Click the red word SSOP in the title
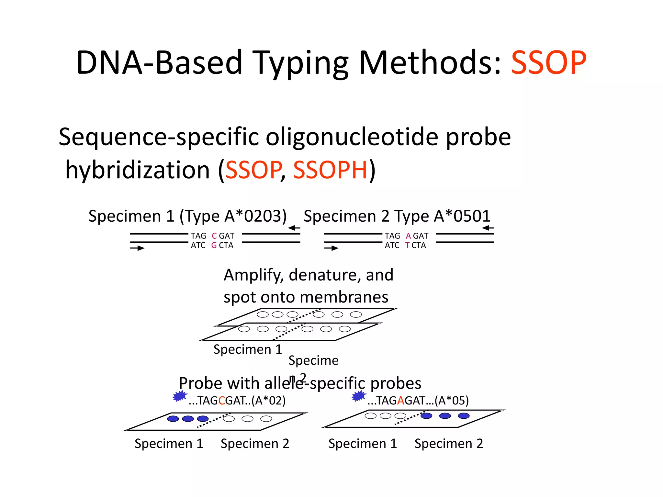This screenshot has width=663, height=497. pyautogui.click(x=548, y=62)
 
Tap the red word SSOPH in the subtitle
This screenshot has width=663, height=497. pyautogui.click(x=330, y=170)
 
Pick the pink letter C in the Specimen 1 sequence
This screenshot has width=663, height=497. pyautogui.click(x=214, y=236)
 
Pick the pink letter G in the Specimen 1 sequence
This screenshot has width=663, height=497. pyautogui.click(x=214, y=245)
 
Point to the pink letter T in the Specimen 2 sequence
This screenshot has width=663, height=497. pyautogui.click(x=407, y=245)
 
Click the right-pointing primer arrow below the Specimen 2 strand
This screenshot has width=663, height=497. pyautogui.click(x=331, y=248)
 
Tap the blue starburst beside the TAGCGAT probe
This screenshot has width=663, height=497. pyautogui.click(x=180, y=396)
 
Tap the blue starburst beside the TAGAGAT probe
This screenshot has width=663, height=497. pyautogui.click(x=359, y=396)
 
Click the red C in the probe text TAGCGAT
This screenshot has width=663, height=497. pyautogui.click(x=222, y=401)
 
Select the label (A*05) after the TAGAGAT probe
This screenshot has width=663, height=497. pyautogui.click(x=452, y=401)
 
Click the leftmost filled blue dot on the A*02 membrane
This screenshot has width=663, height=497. pyautogui.click(x=173, y=419)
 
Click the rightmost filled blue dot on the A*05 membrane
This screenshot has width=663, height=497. pyautogui.click(x=464, y=416)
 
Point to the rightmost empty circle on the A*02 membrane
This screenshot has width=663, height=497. pyautogui.click(x=266, y=419)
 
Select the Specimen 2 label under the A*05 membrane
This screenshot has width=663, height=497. pyautogui.click(x=449, y=444)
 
